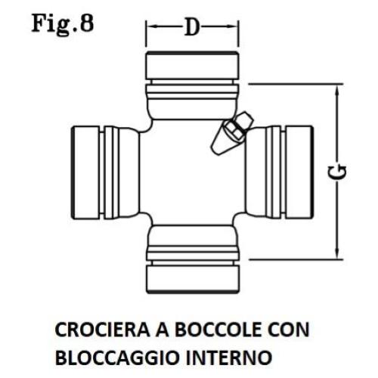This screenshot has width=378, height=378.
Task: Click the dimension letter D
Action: click(192, 26)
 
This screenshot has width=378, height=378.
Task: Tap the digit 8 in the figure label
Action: click(86, 23)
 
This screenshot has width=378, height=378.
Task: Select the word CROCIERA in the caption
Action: click(103, 330)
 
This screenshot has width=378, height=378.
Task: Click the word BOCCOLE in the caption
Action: click(218, 330)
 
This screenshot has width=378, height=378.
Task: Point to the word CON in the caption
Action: click(289, 330)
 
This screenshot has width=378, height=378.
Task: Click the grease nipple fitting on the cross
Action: click(232, 133)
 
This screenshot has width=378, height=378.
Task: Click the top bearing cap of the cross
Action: click(192, 66)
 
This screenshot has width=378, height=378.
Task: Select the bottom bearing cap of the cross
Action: click(192, 279)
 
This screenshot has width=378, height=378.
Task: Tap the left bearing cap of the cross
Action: click(85, 172)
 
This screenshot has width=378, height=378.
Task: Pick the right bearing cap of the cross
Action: click(299, 172)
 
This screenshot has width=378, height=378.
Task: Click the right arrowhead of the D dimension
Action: click(233, 26)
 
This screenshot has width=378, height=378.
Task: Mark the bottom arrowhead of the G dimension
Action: click(337, 253)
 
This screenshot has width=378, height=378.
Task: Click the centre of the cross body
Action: click(192, 172)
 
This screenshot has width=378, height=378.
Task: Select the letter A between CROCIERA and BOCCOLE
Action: click(163, 330)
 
